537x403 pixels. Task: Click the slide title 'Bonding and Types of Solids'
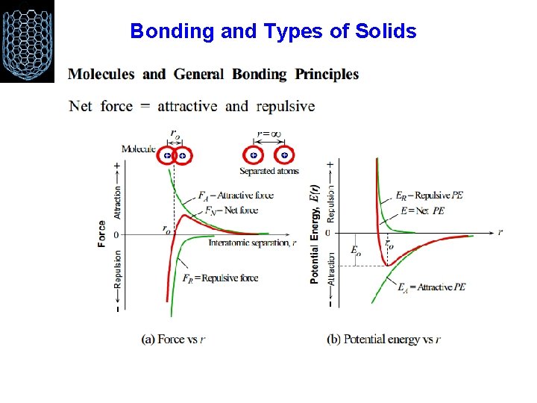(273, 31)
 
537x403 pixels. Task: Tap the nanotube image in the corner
(28, 41)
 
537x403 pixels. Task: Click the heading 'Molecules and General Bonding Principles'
(213, 75)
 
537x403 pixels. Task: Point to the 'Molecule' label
(138, 149)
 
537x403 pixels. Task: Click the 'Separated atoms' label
(268, 171)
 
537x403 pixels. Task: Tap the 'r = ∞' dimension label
(268, 134)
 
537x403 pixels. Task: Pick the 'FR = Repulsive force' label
(221, 278)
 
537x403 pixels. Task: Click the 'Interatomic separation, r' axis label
(252, 243)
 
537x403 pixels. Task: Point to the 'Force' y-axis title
(101, 234)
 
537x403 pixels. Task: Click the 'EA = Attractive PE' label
(431, 287)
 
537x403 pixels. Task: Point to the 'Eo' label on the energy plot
(356, 251)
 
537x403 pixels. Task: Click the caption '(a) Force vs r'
(173, 339)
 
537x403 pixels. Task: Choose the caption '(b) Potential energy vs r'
(383, 339)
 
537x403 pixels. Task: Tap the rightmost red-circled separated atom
(284, 155)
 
